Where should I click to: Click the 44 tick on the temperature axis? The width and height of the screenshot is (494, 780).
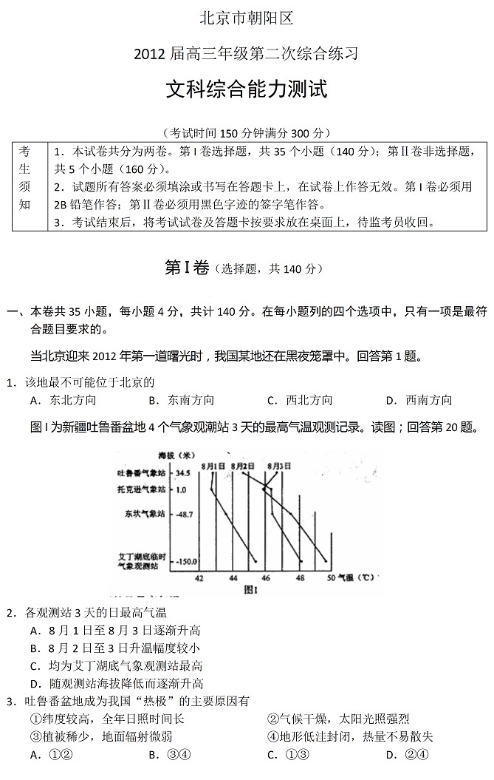coord(233,577)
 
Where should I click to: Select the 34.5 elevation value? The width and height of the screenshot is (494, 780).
coord(183,473)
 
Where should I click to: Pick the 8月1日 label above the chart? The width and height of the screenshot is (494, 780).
coord(211,466)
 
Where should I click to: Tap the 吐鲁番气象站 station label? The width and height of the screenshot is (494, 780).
coord(143,473)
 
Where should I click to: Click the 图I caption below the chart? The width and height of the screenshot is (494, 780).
coord(250,590)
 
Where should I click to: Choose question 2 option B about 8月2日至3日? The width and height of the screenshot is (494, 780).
coord(114,648)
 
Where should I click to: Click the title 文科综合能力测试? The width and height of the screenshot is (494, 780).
coord(246,91)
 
